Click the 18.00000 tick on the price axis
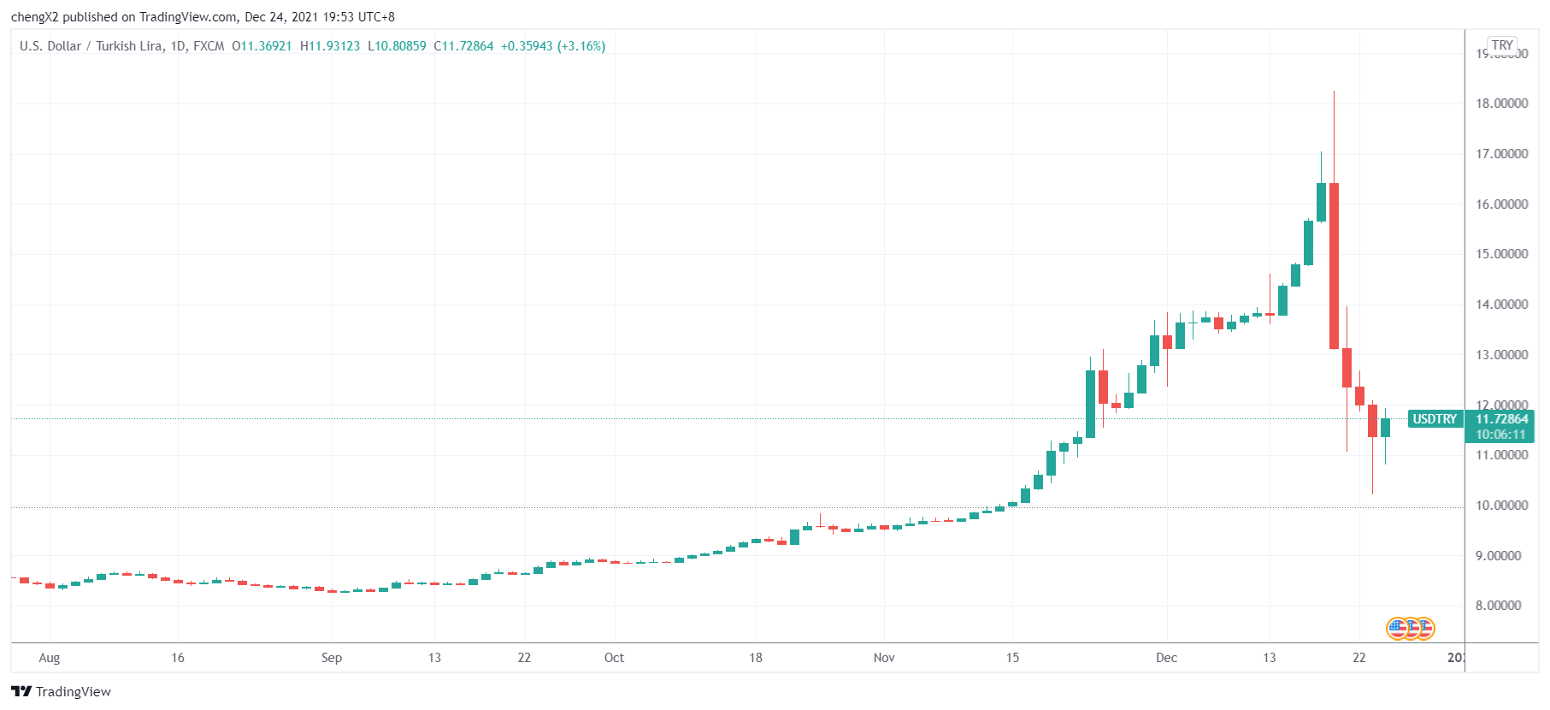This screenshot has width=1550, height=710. (1501, 104)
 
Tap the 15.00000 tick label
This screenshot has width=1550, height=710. (1501, 254)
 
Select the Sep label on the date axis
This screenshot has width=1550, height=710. (332, 658)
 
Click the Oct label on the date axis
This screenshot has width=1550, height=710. (614, 658)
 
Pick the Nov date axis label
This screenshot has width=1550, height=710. (884, 658)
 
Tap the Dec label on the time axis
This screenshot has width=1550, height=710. (1166, 658)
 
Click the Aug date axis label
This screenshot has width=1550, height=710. (50, 658)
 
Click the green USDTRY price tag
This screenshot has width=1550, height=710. (1434, 419)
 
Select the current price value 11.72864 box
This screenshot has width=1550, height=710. (1501, 419)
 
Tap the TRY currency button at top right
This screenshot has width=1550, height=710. (1502, 45)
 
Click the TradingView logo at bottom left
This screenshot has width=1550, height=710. (62, 691)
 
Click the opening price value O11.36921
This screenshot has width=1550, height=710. (262, 46)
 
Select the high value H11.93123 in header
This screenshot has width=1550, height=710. (330, 46)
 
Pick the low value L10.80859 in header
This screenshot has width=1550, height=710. (397, 46)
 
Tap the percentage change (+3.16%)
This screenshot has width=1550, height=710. (581, 46)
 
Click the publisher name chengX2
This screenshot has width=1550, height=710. (34, 17)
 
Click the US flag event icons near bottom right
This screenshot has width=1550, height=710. (1410, 629)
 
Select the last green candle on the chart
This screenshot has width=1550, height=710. (1385, 428)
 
